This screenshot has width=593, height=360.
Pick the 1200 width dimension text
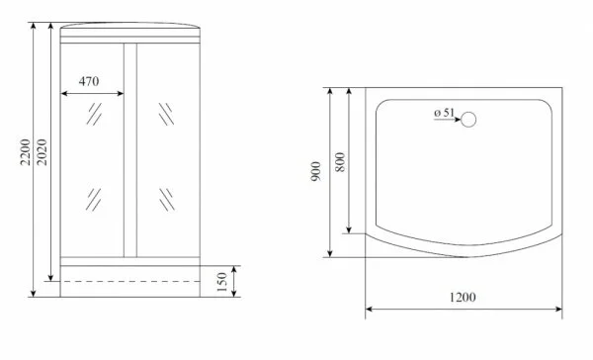[462, 298]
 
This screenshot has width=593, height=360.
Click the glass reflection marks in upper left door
[94, 115]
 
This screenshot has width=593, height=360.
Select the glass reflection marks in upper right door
[164, 112]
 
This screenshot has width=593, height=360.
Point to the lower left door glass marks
[94, 200]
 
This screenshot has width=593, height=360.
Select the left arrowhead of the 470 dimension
[65, 95]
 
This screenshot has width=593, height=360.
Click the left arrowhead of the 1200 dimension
[370, 310]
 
